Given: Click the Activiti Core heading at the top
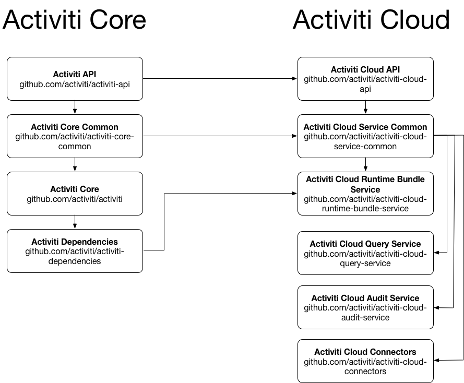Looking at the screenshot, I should click(x=75, y=20).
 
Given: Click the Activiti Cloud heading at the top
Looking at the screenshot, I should click(x=371, y=20).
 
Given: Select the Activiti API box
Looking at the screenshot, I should click(x=75, y=79).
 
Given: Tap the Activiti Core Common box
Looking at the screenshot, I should click(x=75, y=136).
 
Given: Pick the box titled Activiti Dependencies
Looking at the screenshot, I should click(x=75, y=251).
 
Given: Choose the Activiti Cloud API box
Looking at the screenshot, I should click(x=365, y=79).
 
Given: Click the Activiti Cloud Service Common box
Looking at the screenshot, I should click(x=365, y=136).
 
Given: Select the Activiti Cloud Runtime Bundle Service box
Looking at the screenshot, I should click(x=365, y=194).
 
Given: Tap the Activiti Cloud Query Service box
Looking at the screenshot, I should click(x=365, y=253).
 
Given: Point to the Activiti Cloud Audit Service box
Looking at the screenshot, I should click(x=365, y=307).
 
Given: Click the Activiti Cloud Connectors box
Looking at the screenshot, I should click(x=365, y=361).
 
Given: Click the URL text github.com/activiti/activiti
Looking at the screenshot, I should click(x=75, y=199).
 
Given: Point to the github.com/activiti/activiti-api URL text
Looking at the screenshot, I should click(x=75, y=84).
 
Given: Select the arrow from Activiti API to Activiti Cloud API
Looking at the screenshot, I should click(x=219, y=79).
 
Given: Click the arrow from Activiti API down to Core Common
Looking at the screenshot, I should click(x=75, y=107).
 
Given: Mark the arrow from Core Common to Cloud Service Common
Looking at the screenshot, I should click(x=219, y=136).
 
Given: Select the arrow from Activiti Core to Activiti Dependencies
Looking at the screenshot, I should click(x=75, y=222).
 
